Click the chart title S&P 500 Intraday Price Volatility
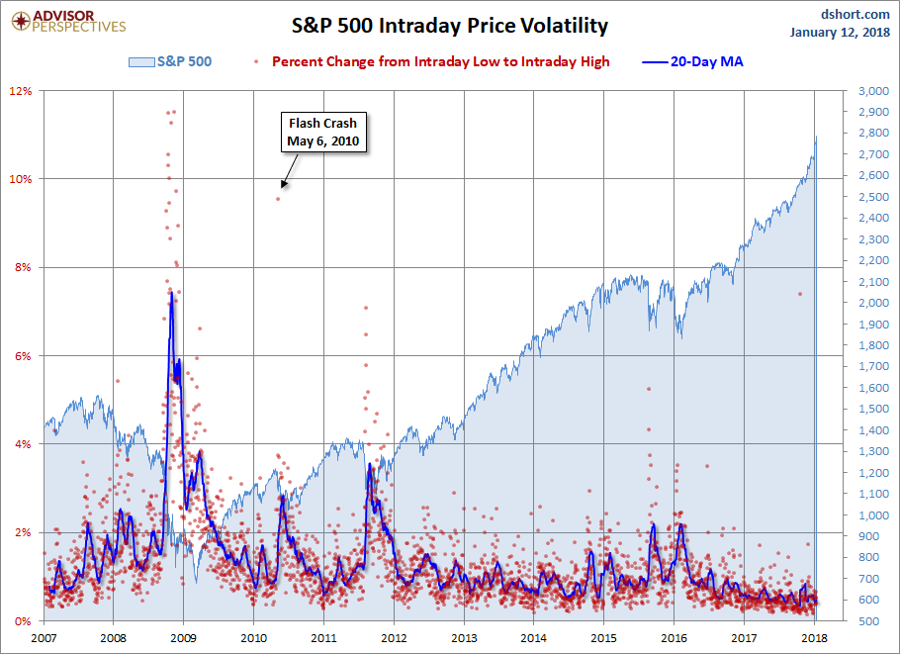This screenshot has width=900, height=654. (449, 26)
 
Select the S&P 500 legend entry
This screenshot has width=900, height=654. (170, 61)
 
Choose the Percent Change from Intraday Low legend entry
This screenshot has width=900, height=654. (440, 61)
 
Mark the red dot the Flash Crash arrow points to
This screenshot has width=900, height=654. (278, 199)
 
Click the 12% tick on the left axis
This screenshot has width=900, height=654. (21, 91)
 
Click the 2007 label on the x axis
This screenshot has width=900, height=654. (45, 638)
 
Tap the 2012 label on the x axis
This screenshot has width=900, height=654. (395, 638)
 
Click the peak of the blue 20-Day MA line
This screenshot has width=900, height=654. (171, 292)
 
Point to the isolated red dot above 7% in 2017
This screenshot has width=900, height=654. (800, 294)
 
